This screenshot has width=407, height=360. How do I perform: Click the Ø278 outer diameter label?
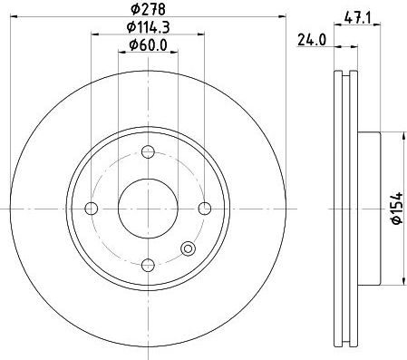coord(148,9)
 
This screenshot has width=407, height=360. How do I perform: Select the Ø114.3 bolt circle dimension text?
coord(148,27)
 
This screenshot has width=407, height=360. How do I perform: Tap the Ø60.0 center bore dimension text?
coord(148,45)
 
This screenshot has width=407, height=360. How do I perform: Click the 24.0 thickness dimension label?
coord(312,40)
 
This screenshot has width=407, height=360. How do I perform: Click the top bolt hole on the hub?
coord(148,151)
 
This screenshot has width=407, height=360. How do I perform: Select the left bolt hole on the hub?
coord(92,209)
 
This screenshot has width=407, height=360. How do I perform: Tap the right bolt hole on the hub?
coord(205,209)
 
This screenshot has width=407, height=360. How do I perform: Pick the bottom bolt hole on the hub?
coord(148,266)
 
